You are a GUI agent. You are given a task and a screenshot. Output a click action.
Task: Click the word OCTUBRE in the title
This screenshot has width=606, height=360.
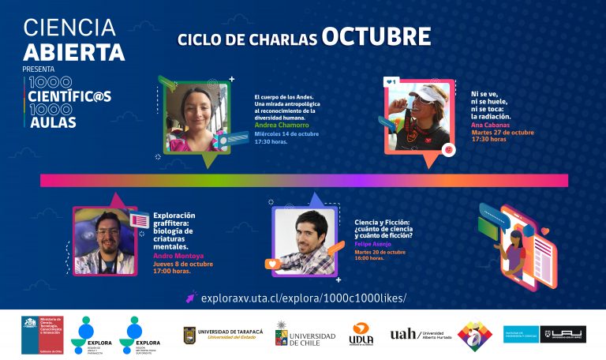click(376, 37)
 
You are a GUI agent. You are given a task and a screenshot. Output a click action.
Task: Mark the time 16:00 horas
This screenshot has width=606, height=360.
click(370, 258)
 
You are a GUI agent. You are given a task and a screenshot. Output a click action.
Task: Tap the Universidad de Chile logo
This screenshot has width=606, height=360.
click(305, 335)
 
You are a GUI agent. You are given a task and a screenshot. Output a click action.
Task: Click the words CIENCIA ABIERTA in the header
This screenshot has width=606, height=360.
click(73, 40)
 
